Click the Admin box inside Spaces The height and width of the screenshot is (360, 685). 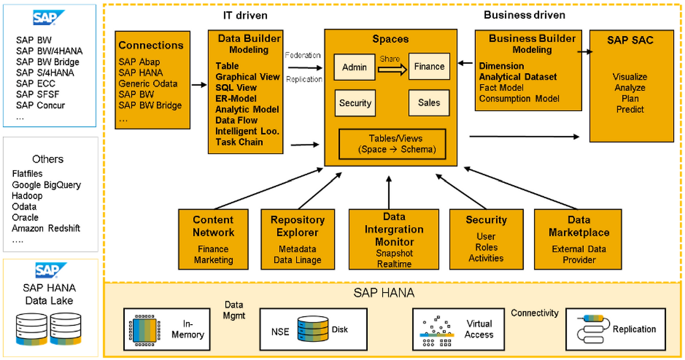click(354, 67)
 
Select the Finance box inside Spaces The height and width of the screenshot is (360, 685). click(429, 67)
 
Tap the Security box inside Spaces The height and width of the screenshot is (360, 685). click(354, 103)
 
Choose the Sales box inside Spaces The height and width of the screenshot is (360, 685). click(429, 103)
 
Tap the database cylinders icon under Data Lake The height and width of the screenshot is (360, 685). click(49, 329)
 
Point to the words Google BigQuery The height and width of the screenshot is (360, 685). click(47, 185)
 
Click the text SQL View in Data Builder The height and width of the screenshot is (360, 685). click(236, 88)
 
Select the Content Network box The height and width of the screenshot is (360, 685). click(214, 239)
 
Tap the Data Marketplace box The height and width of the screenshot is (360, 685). click(578, 239)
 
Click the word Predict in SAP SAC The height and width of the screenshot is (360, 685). click(630, 110)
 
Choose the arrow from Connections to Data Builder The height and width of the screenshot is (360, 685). click(199, 85)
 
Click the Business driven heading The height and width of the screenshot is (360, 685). click(524, 15)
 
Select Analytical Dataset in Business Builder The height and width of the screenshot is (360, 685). click(517, 77)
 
